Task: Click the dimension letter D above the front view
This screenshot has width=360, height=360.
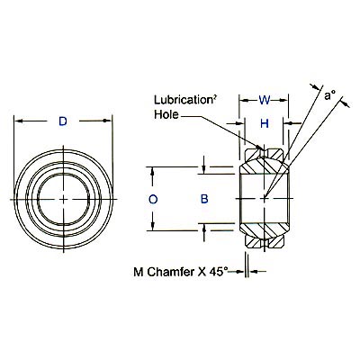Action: [62, 120]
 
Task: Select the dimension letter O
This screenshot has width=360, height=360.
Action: [154, 198]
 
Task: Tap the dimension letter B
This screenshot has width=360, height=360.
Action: [204, 198]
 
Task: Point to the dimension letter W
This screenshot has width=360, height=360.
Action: [264, 102]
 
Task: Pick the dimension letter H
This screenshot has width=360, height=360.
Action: [265, 123]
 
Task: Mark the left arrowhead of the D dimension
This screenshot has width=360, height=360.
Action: [18, 120]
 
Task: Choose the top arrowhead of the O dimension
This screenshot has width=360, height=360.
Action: [154, 168]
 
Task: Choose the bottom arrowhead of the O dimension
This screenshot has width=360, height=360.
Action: [154, 228]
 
